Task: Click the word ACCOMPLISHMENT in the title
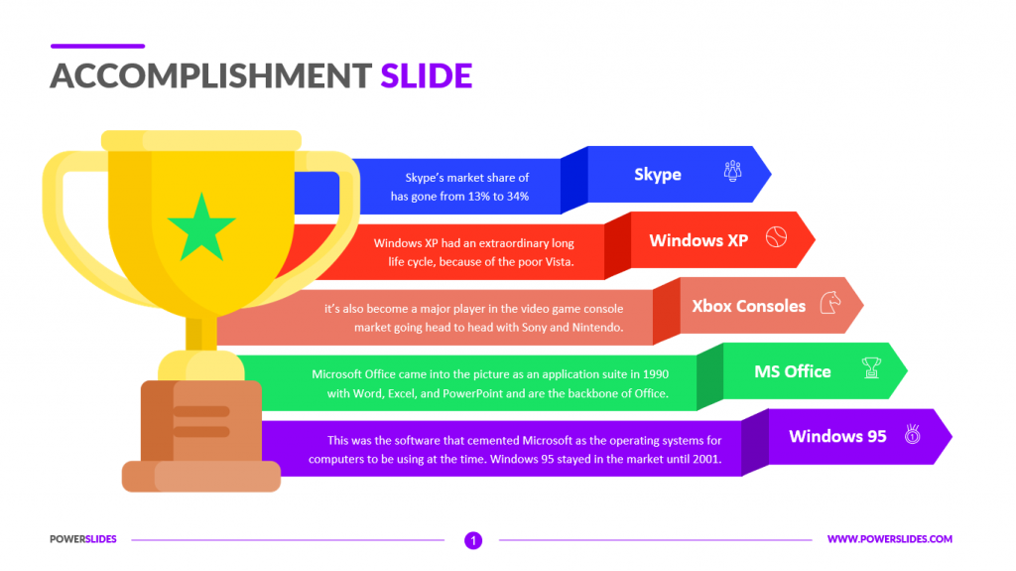(x=211, y=75)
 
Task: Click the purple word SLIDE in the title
(x=427, y=75)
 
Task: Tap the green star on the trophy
(x=201, y=227)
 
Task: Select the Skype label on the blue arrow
(x=658, y=175)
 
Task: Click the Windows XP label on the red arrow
(x=698, y=240)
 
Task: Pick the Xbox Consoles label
(x=748, y=306)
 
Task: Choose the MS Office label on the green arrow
(x=793, y=371)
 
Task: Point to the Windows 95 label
(x=837, y=436)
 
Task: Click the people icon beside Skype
(x=733, y=171)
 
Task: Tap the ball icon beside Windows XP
(x=776, y=237)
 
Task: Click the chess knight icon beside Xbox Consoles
(x=830, y=302)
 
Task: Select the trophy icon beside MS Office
(x=871, y=367)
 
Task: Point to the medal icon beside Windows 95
(x=913, y=434)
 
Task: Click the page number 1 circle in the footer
(x=473, y=540)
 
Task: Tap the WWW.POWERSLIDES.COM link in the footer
(x=890, y=539)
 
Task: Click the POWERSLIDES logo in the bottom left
(x=83, y=539)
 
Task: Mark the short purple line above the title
(x=98, y=46)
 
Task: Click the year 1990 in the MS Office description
(x=656, y=374)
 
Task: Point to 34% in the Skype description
(x=518, y=196)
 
